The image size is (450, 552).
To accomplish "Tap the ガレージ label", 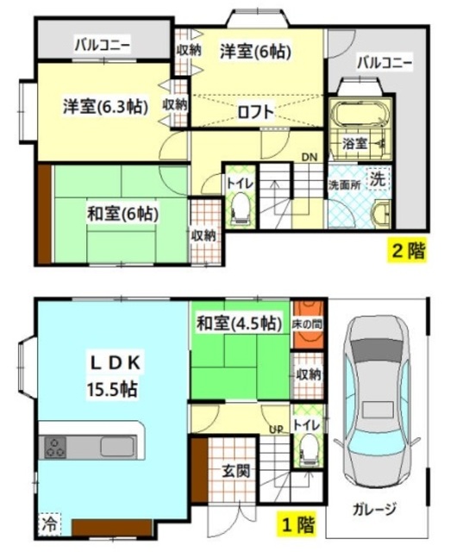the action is coord(374,509).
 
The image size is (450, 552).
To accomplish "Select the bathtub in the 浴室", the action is coord(360,114).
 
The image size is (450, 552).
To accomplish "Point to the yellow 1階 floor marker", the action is coord(298,525).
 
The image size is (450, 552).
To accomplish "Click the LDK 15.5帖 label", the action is coord(114,376).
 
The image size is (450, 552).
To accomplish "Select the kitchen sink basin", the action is coord(118,447).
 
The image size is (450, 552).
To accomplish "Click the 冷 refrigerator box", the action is coord(49,524).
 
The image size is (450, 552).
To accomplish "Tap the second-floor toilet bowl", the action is coord(241,208).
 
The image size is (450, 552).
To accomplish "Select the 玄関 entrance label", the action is coord(235,471).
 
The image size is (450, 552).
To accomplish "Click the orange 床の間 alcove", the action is coord(309,324).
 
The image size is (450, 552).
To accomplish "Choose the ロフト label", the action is coord(256,111).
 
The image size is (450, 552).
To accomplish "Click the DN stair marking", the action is coord(309,157).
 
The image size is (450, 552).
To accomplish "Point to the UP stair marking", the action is coord(277,430).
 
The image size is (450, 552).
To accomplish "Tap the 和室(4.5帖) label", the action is coord(239,323).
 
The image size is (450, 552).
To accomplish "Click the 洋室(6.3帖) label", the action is coord(105,106).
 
